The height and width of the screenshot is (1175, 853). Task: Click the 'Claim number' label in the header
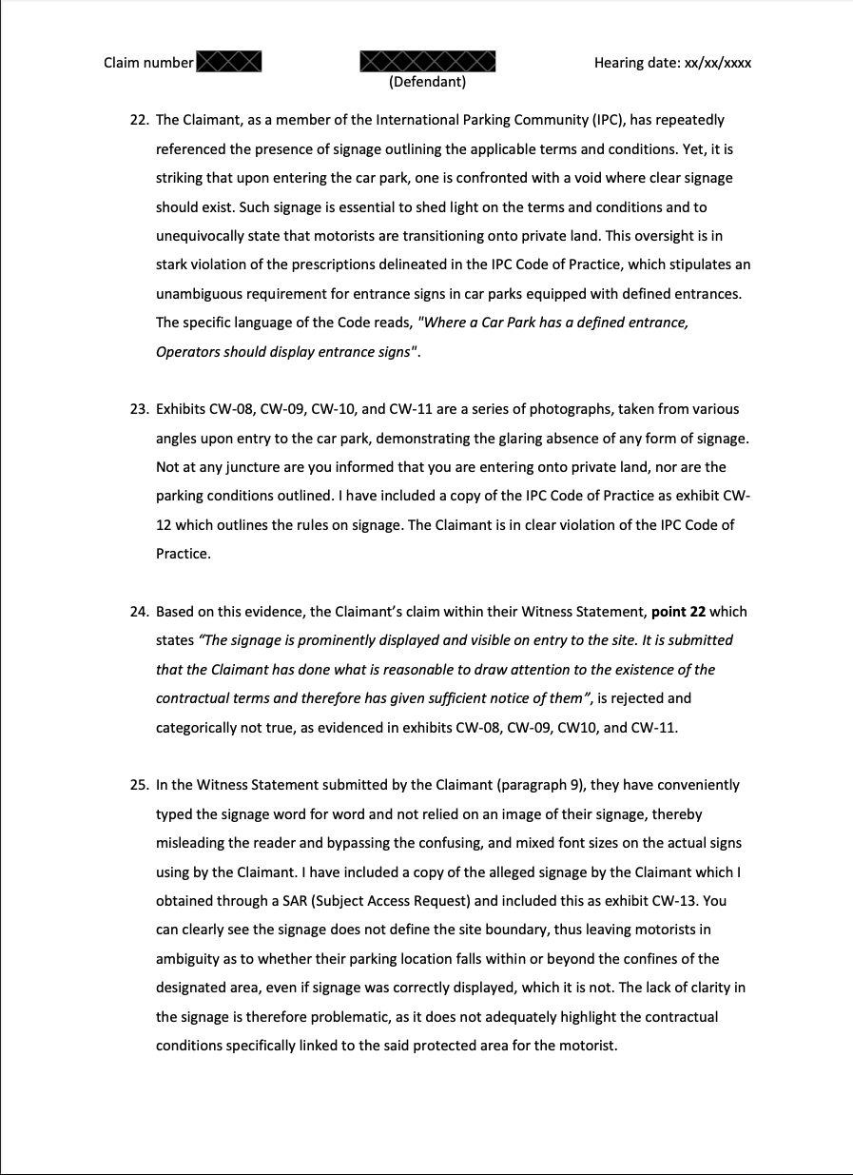pos(148,63)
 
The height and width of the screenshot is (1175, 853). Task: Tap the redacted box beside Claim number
pos(228,63)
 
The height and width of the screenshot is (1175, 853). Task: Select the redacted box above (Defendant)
pos(428,62)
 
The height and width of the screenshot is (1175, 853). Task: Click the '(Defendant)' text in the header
pos(428,82)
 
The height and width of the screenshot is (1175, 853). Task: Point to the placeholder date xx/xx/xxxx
pos(712,63)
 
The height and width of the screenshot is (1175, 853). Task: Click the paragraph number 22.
pos(139,120)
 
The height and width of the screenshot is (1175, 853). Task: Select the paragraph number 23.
pos(139,409)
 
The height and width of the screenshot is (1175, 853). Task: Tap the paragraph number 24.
pos(139,612)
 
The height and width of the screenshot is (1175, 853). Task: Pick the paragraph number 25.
pos(139,785)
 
